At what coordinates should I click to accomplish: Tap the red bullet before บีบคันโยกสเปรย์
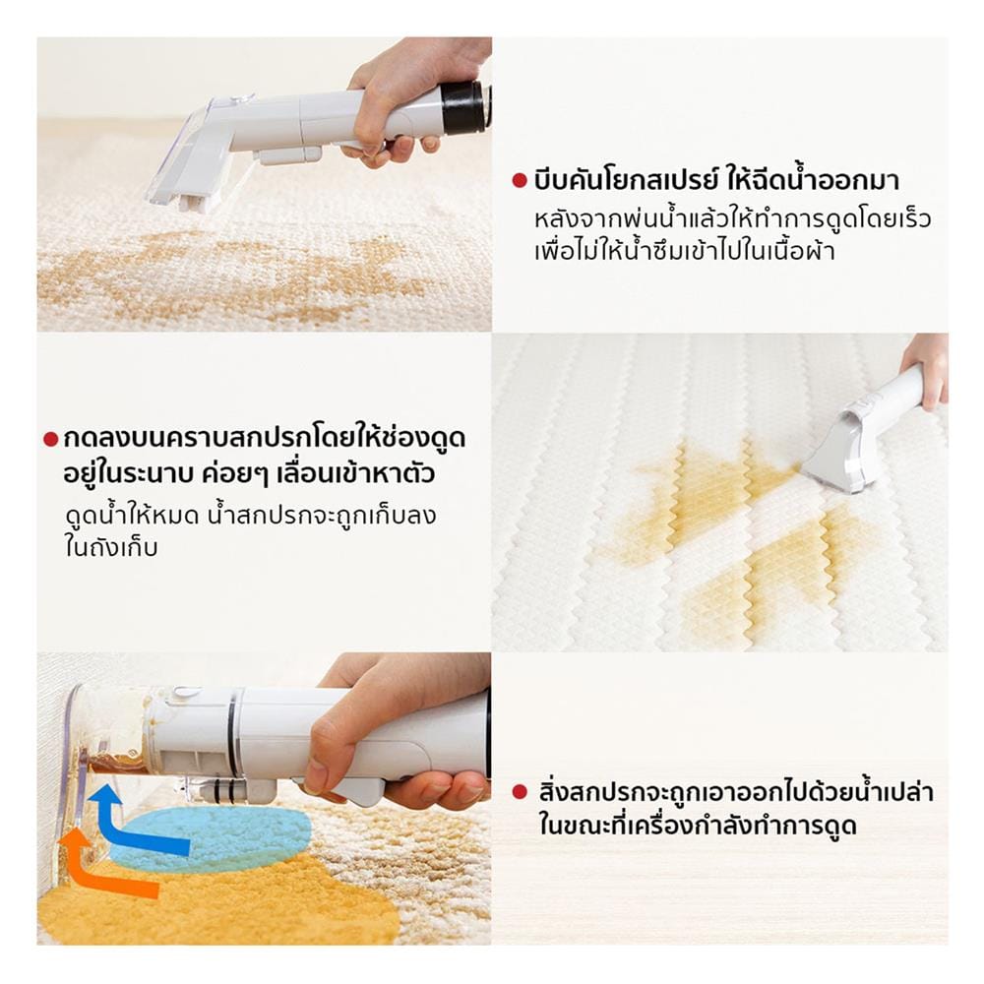tap(519, 181)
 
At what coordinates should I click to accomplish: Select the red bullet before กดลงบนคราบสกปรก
tap(50, 439)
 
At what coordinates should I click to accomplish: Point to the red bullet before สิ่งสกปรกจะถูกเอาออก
tap(519, 792)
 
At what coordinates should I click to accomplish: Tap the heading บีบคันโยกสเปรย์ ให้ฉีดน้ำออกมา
tap(716, 180)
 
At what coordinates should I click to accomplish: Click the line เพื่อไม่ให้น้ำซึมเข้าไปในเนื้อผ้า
tap(684, 251)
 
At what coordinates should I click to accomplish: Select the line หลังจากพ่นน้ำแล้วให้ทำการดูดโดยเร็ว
tap(732, 219)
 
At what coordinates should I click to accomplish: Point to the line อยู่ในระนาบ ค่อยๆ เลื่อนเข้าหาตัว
tap(249, 473)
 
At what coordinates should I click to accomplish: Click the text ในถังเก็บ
tap(110, 547)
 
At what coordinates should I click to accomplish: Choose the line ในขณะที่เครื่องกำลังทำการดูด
tap(698, 825)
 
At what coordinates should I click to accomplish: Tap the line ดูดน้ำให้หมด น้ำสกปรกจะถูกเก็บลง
tap(250, 516)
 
